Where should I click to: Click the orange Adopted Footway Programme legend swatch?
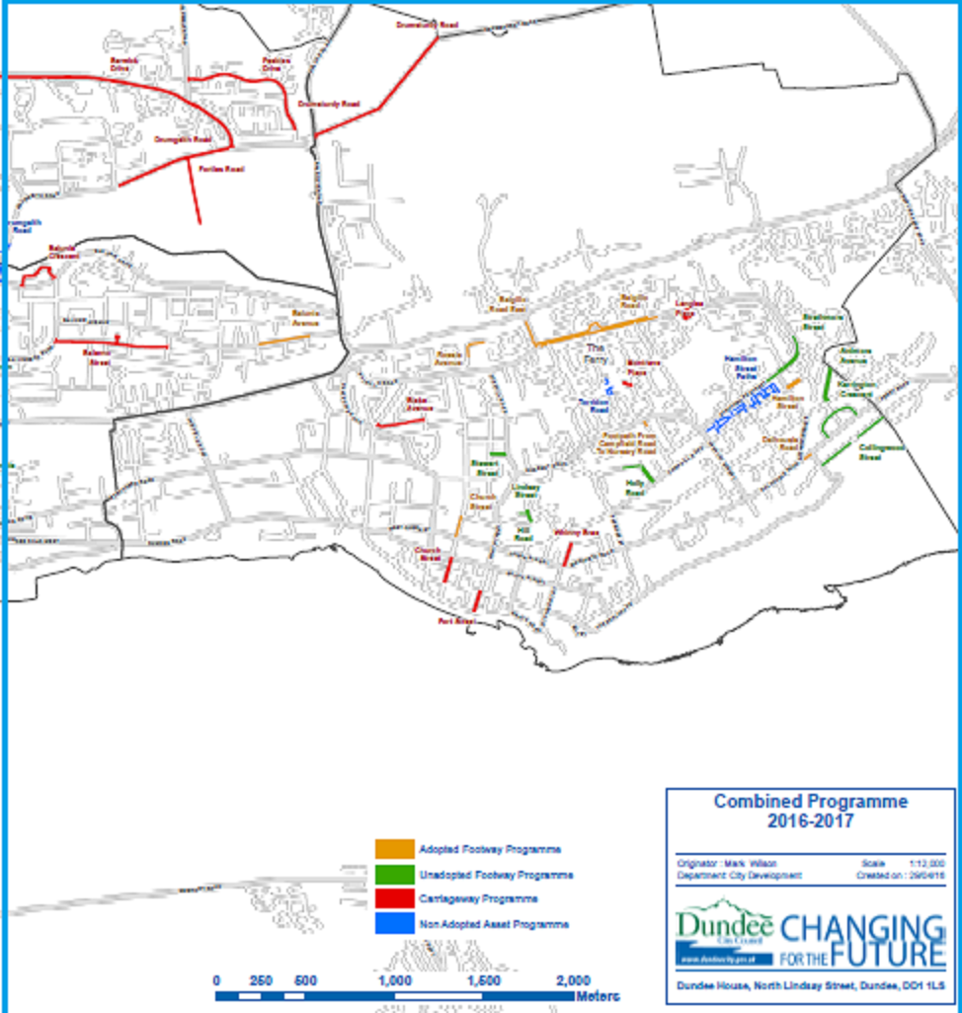click(394, 849)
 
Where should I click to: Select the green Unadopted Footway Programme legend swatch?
click(394, 874)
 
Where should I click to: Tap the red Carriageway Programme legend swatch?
click(394, 898)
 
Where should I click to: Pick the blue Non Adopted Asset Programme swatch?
click(394, 924)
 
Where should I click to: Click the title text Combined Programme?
click(810, 802)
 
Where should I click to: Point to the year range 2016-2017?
click(810, 820)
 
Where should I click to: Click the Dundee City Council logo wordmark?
click(725, 928)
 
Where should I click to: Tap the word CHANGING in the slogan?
click(861, 929)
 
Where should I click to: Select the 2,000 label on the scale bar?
click(574, 980)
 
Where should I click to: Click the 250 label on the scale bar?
click(262, 980)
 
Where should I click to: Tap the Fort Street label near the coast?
click(456, 622)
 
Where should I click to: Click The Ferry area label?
click(595, 353)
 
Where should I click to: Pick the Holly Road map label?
click(634, 488)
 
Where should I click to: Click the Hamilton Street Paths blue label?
click(749, 368)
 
